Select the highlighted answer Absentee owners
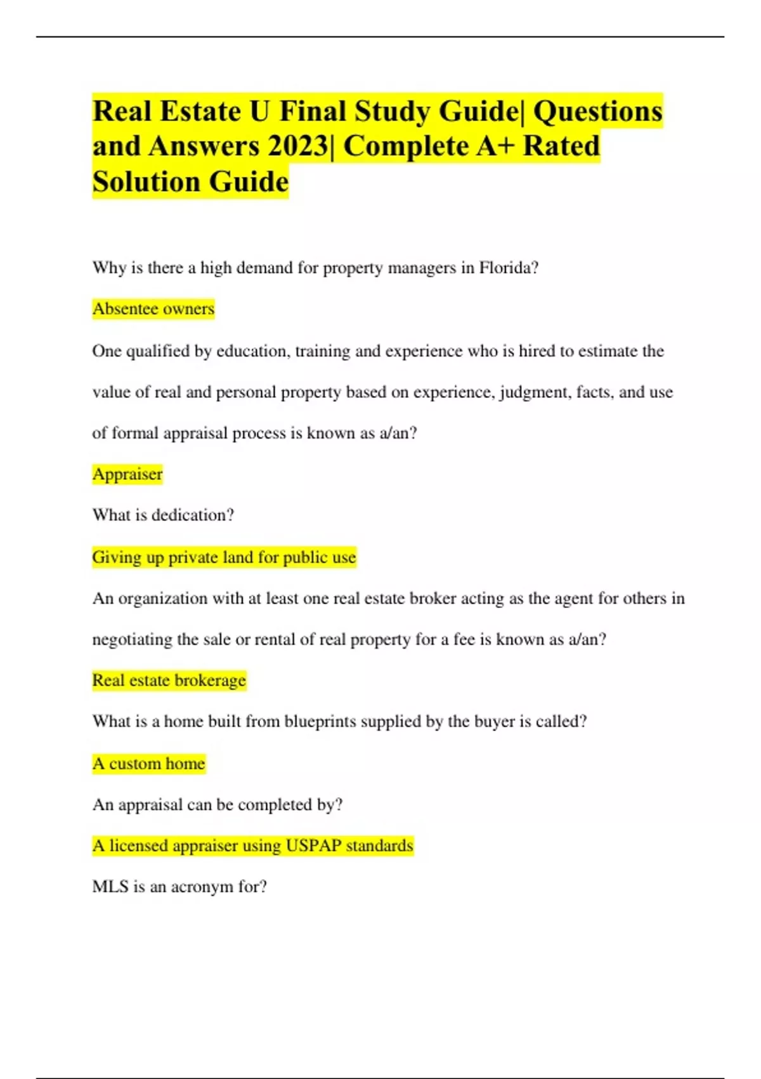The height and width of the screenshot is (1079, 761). tap(153, 309)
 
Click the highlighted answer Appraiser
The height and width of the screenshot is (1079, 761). tap(127, 474)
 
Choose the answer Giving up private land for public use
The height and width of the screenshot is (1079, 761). tap(224, 557)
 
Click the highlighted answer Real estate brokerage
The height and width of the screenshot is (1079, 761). tap(169, 680)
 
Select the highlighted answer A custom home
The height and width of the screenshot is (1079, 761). tap(149, 764)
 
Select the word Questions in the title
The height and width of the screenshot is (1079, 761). tap(597, 112)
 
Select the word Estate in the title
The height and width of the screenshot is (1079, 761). tap(200, 112)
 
